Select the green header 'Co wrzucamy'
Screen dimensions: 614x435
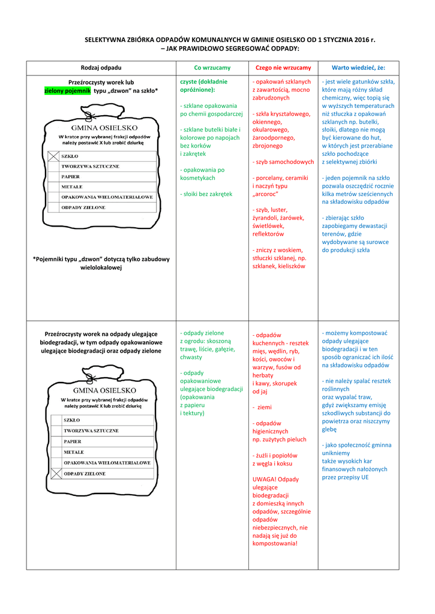click(x=212, y=68)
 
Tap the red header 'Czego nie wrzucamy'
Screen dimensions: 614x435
click(x=283, y=68)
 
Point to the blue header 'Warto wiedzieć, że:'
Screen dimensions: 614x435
click(x=358, y=68)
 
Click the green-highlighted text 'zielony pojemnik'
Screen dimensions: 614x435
click(x=67, y=91)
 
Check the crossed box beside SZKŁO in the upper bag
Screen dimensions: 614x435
click(x=54, y=156)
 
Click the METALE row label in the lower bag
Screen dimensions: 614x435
click(x=74, y=452)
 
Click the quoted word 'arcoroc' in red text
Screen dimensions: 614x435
click(x=267, y=194)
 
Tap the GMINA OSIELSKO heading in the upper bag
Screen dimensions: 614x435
click(x=104, y=128)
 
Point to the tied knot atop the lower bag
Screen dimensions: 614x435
click(x=90, y=377)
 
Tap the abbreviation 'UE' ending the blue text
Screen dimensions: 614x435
click(x=365, y=477)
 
